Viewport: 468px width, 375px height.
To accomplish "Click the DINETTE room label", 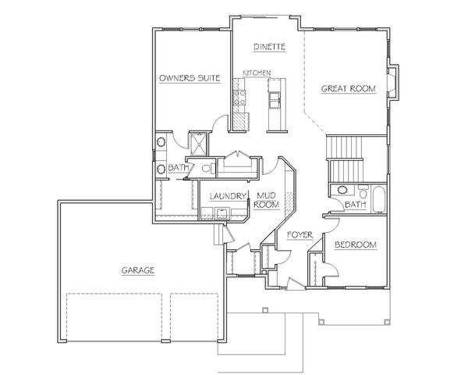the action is pyautogui.click(x=269, y=47).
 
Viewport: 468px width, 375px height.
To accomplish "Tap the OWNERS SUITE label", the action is pyautogui.click(x=190, y=78).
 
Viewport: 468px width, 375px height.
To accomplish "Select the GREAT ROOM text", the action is pyautogui.click(x=349, y=88).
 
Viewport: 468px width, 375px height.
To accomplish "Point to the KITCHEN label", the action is pyautogui.click(x=257, y=73).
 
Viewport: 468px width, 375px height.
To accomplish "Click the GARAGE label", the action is pyautogui.click(x=137, y=270).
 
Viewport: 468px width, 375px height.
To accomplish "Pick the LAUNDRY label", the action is pyautogui.click(x=228, y=196).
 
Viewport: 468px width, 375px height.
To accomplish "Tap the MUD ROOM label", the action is pyautogui.click(x=266, y=200).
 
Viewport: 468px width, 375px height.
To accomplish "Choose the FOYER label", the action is pyautogui.click(x=300, y=235).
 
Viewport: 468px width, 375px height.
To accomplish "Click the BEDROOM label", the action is pyautogui.click(x=356, y=245).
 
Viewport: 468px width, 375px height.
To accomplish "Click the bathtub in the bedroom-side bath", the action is pyautogui.click(x=379, y=199).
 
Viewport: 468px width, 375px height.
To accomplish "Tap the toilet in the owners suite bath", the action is pyautogui.click(x=208, y=168).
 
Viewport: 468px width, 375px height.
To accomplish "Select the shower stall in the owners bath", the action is pyautogui.click(x=197, y=144).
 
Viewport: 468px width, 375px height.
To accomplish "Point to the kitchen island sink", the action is pyautogui.click(x=274, y=100).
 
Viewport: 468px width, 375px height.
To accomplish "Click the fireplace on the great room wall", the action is pyautogui.click(x=393, y=83).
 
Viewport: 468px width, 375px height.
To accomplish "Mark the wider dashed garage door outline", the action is pyautogui.click(x=114, y=317).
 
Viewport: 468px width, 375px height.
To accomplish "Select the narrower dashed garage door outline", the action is pyautogui.click(x=194, y=317).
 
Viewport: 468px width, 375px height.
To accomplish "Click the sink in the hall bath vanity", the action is pyautogui.click(x=342, y=190).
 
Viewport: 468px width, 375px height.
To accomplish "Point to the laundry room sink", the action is pyautogui.click(x=222, y=213).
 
